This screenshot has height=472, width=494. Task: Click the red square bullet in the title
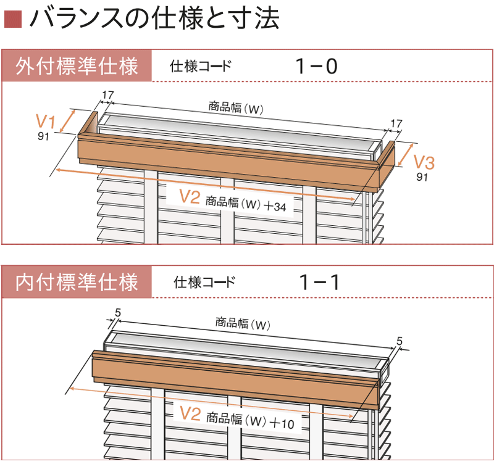(x=12, y=20)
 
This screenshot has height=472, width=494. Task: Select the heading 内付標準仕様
(x=77, y=283)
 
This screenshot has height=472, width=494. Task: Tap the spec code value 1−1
(x=319, y=283)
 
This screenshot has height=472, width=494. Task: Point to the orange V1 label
(x=46, y=120)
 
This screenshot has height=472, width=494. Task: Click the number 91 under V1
(x=43, y=136)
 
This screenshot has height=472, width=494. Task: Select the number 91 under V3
(x=422, y=178)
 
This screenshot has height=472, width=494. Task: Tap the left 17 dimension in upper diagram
(x=107, y=95)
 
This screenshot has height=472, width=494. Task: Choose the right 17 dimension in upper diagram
(x=396, y=123)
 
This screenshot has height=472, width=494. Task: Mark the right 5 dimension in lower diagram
(x=399, y=341)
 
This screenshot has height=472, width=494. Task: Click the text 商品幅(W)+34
(x=246, y=203)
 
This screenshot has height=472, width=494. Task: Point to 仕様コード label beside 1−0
(x=201, y=67)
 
